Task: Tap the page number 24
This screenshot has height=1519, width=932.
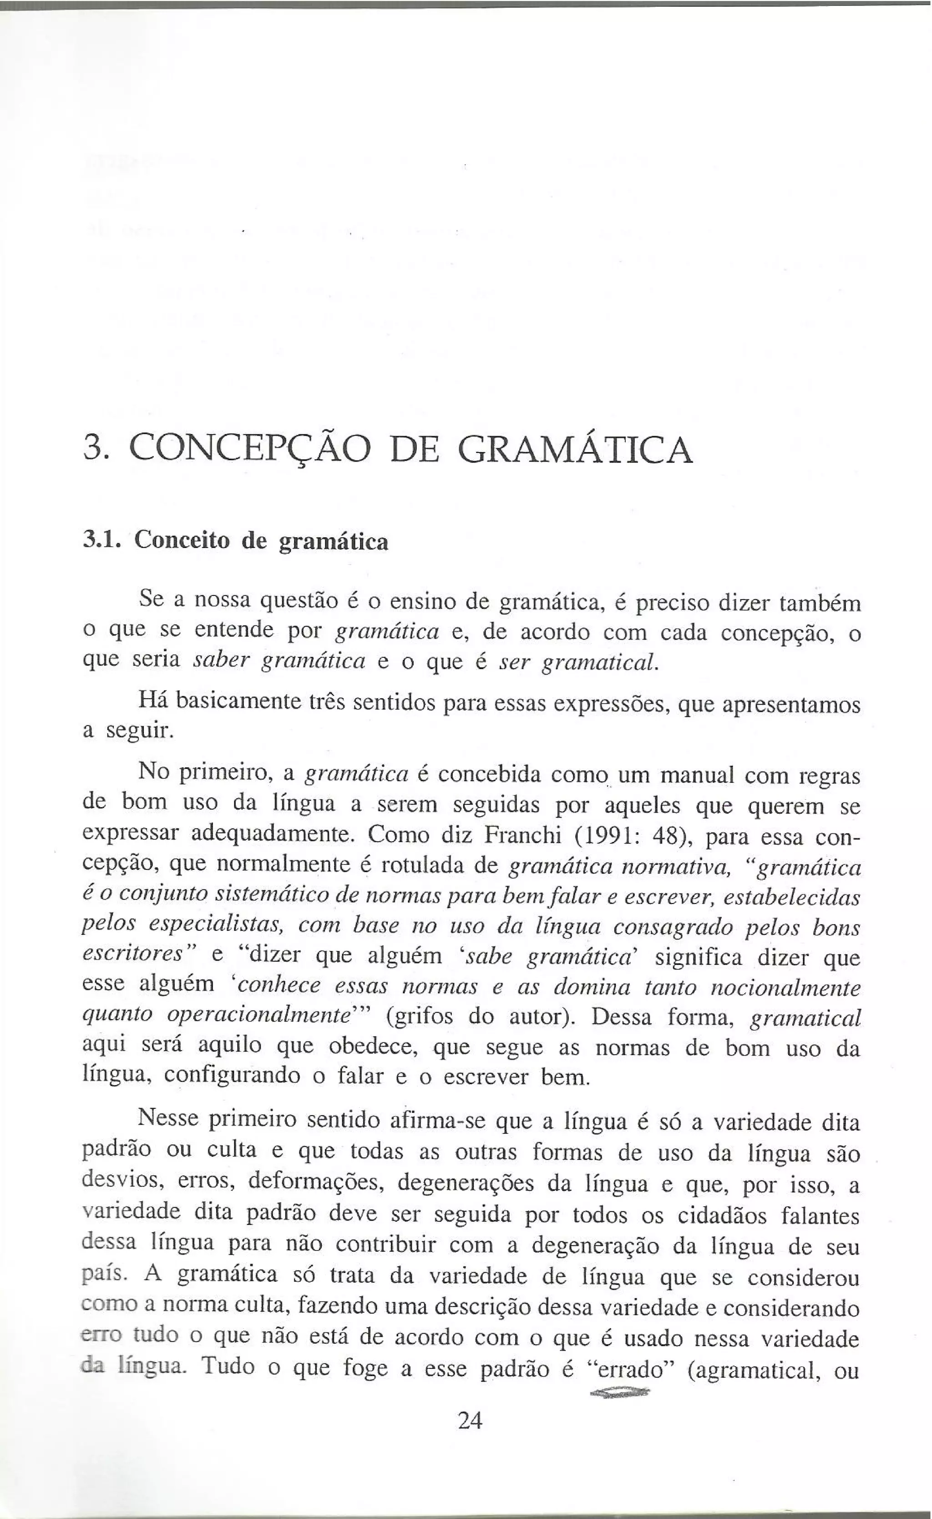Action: point(470,1420)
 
